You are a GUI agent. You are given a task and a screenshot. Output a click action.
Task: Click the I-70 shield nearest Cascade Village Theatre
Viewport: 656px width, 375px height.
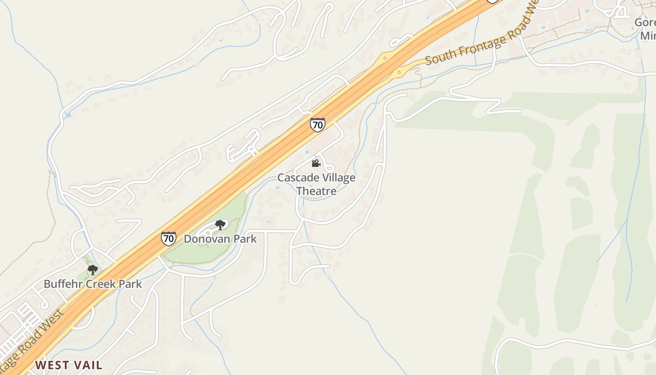[x=317, y=125]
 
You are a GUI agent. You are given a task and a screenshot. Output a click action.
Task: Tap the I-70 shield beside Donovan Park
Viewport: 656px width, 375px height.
[x=168, y=239]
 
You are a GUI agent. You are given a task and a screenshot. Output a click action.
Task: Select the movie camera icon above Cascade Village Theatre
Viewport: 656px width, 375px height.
[x=316, y=163]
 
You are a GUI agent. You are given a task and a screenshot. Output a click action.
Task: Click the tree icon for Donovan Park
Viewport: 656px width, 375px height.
[x=220, y=225]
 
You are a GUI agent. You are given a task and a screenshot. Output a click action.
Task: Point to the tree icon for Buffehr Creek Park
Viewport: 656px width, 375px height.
[x=93, y=270]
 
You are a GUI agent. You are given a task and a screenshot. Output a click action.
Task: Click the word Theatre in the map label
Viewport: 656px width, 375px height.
[x=316, y=191]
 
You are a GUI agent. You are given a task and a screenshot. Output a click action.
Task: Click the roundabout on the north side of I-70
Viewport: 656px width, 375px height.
[x=385, y=59]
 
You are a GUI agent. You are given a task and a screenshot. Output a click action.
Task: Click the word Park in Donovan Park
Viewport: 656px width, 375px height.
[x=246, y=239]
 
